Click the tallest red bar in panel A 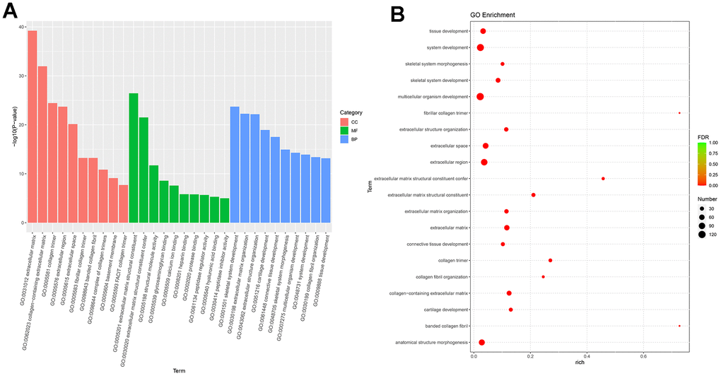[33, 127]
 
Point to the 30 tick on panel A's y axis [21, 76]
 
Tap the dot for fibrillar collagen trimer [679, 113]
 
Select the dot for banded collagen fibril [679, 326]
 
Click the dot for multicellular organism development [481, 97]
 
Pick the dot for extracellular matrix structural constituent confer [603, 179]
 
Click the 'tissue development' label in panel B [448, 31]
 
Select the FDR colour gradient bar [703, 163]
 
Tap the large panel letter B [398, 13]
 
